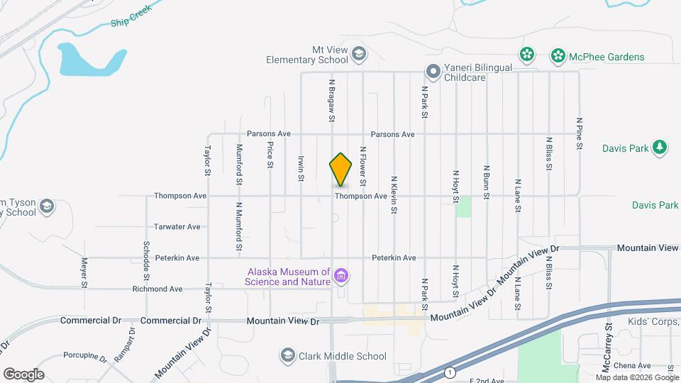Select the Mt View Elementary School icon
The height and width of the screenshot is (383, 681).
[x=359, y=54]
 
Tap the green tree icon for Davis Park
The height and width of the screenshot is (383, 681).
[x=660, y=147]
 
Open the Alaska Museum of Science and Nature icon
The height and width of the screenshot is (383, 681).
[x=342, y=275]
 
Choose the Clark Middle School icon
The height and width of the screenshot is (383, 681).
[x=287, y=354]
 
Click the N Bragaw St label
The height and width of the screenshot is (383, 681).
[x=331, y=100]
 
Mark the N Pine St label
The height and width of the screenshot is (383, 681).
[x=580, y=133]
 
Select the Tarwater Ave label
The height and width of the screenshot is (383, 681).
[x=177, y=227]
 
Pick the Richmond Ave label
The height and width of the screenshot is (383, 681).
[x=157, y=289]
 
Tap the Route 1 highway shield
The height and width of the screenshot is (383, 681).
[x=449, y=372]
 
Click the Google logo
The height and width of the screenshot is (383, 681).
[x=23, y=374]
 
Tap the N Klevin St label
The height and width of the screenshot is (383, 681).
[x=393, y=194]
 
